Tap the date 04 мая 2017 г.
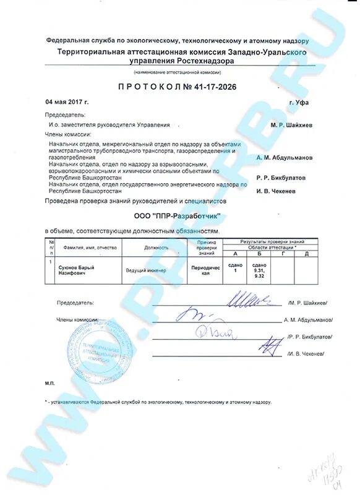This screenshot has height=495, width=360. (x=67, y=101)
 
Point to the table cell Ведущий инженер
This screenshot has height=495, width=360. (x=146, y=270)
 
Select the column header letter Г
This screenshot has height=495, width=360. (x=283, y=253)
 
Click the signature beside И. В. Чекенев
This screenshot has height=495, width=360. (x=268, y=343)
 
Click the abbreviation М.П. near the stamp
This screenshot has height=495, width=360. (x=50, y=384)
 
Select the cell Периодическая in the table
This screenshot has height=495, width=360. (x=205, y=270)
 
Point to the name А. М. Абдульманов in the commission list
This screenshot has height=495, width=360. (x=284, y=157)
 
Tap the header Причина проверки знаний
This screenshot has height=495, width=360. (x=205, y=247)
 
